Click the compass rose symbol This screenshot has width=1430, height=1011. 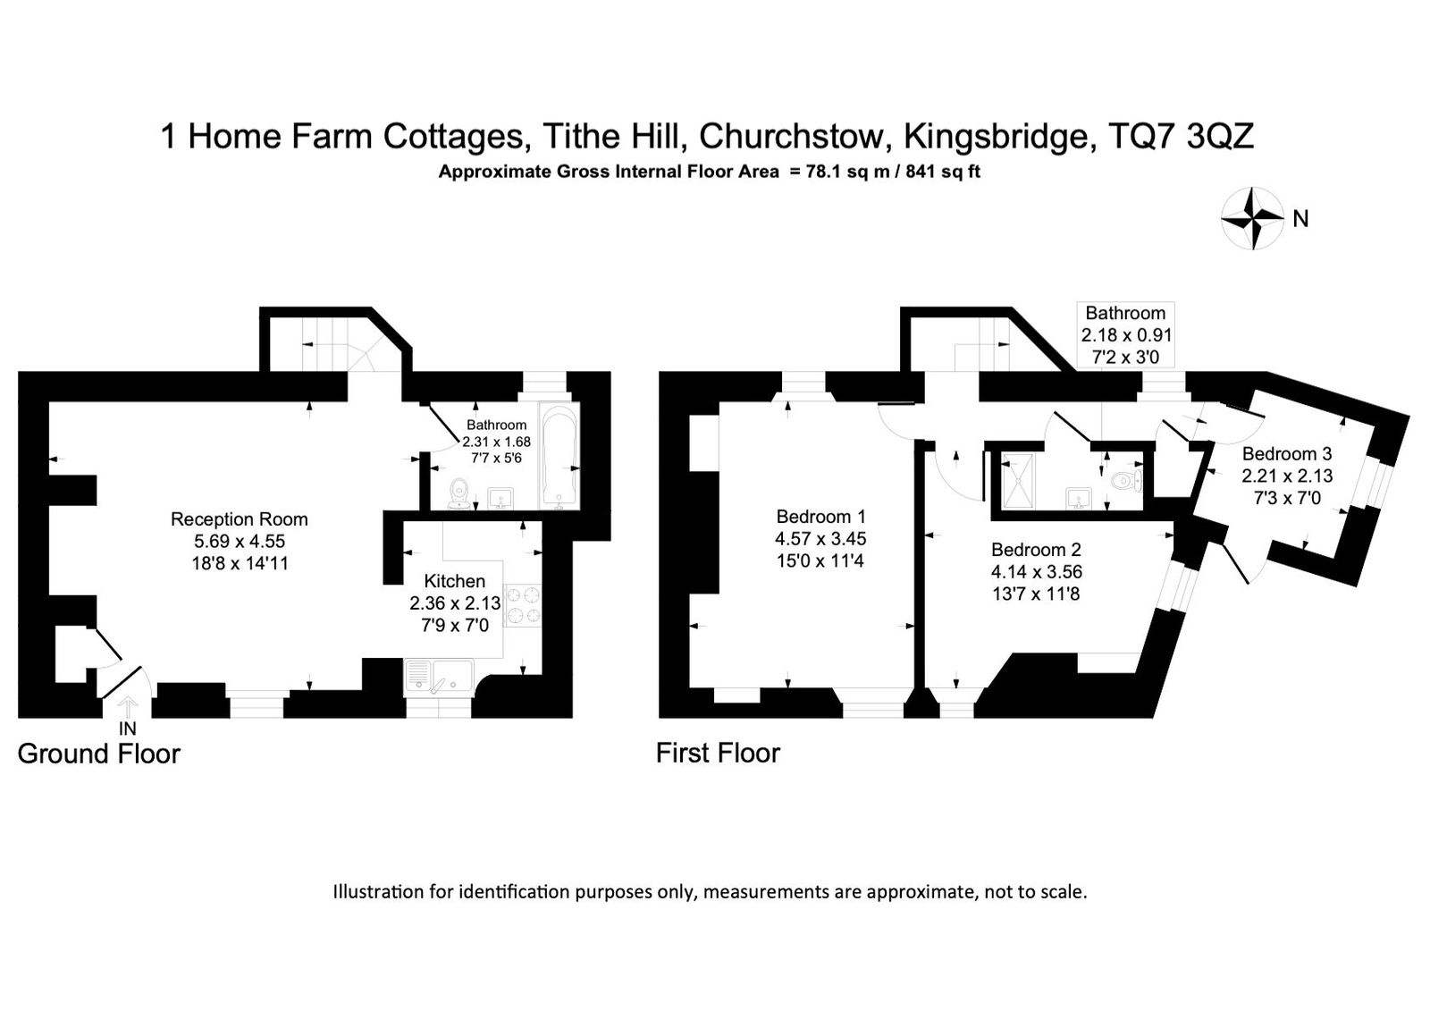(1252, 218)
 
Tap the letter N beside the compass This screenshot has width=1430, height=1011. (1300, 219)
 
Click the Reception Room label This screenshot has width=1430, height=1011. (240, 519)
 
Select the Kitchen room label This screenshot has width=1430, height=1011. (455, 581)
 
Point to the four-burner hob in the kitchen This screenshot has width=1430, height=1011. (523, 605)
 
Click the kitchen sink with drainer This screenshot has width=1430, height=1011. (439, 677)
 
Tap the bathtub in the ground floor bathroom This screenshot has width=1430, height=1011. (559, 455)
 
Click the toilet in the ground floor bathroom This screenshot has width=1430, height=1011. (459, 494)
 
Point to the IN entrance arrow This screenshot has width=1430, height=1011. (129, 708)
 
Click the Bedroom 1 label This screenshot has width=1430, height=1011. (821, 516)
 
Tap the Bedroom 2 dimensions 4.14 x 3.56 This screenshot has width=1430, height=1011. (1037, 571)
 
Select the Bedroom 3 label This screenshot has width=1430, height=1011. (1287, 454)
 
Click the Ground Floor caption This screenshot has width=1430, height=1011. (99, 754)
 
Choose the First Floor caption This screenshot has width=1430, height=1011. (719, 754)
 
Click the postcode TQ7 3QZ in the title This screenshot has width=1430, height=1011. (1181, 136)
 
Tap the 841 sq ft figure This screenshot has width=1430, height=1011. (943, 172)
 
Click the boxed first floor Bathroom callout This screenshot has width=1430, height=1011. (1125, 334)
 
